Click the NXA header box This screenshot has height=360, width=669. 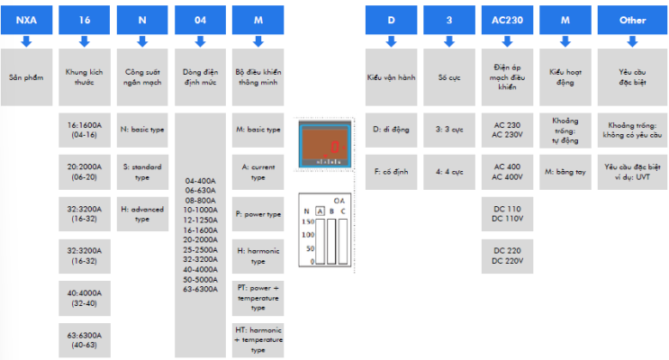[x=26, y=19]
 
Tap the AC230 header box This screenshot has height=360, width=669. [x=507, y=19]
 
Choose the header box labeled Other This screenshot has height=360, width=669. [x=633, y=19]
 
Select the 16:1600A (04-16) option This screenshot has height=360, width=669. [x=85, y=129]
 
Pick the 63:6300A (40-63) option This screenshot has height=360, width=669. [x=85, y=339]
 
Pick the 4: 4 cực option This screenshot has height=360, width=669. [x=448, y=172]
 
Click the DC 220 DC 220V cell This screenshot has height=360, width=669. [x=507, y=255]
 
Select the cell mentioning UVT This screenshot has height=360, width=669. [x=633, y=172]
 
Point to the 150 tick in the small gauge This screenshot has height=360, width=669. [x=307, y=220]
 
